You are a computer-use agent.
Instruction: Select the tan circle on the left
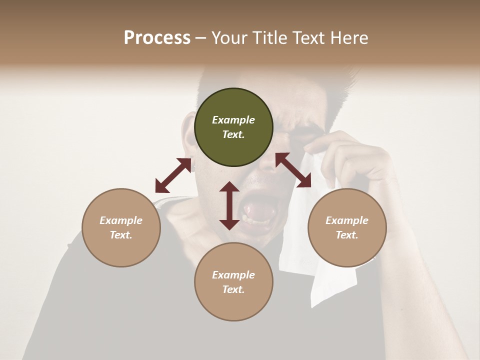pos(121,227)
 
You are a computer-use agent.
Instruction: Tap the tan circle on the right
pos(347,227)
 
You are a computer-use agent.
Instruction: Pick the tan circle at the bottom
pos(233,282)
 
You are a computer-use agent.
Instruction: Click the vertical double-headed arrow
pos(229,205)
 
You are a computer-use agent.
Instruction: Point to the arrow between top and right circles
pos(293,170)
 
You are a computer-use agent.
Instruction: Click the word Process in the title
pos(157,37)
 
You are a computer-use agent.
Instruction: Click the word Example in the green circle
pos(233,120)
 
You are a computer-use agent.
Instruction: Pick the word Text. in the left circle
pos(121,235)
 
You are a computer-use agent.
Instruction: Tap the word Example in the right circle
pos(347,220)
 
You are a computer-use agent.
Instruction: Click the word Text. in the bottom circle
pos(233,289)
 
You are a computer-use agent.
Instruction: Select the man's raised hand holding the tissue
pos(350,155)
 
